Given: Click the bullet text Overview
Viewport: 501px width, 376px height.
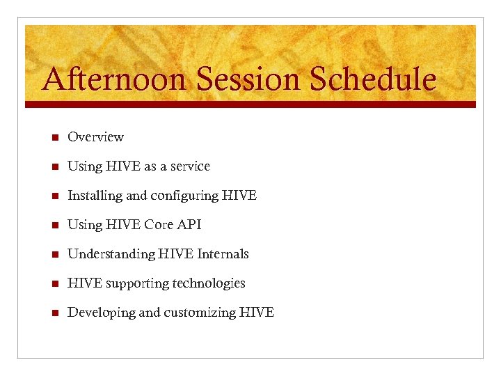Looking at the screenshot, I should [95, 137].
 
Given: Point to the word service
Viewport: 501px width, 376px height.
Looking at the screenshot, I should [189, 166].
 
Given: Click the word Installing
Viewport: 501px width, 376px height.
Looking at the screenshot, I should [95, 196].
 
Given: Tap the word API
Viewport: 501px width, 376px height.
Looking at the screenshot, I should [190, 225].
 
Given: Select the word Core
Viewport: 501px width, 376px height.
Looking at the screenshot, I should [159, 225].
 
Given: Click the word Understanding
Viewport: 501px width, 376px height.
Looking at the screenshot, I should [111, 255].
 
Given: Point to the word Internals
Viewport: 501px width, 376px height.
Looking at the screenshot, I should [223, 254].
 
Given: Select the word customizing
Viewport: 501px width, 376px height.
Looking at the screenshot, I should [200, 313].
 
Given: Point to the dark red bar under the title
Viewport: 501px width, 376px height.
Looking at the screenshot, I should [250, 104].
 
